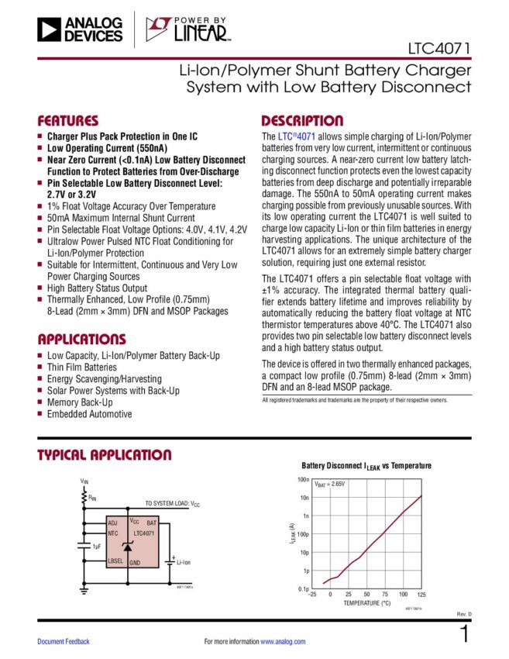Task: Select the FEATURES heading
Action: click(x=68, y=121)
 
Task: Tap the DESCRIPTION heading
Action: click(x=302, y=121)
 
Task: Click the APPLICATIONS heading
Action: click(x=81, y=340)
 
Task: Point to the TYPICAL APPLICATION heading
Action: click(x=105, y=455)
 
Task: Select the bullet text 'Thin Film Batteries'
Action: click(x=81, y=367)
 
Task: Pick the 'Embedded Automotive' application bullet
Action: click(x=89, y=414)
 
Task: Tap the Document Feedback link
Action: click(x=64, y=641)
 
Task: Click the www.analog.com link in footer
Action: click(x=283, y=641)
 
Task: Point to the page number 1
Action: click(x=464, y=633)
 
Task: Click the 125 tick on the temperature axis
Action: click(x=421, y=594)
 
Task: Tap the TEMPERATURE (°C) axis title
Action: click(x=366, y=602)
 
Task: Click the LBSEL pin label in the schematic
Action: click(x=116, y=561)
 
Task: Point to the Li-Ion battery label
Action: click(x=184, y=561)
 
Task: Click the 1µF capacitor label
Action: click(x=98, y=547)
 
